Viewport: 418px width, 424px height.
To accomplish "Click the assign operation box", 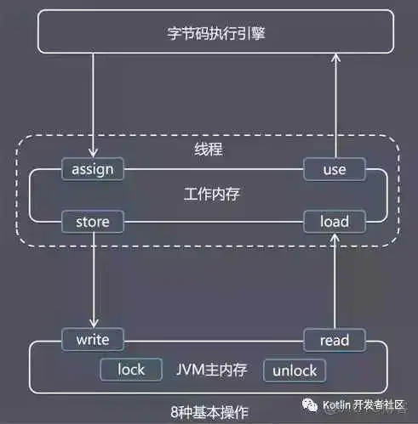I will click(x=93, y=169).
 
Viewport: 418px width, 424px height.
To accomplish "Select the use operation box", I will click(x=334, y=169).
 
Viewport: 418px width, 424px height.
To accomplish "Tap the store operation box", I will click(x=93, y=222).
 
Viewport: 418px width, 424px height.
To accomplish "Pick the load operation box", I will click(x=334, y=222).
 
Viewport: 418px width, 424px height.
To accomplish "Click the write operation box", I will click(x=93, y=340).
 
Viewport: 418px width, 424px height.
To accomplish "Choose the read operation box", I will click(x=334, y=340).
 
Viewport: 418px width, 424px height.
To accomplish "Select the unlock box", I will click(x=295, y=370).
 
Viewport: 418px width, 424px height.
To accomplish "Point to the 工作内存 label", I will click(x=211, y=195).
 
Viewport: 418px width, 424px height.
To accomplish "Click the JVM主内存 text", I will click(x=212, y=370).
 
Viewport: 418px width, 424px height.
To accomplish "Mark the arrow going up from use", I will click(x=337, y=106).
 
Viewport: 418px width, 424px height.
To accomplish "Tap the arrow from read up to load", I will click(x=337, y=280).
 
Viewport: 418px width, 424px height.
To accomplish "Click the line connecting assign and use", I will click(x=213, y=169).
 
